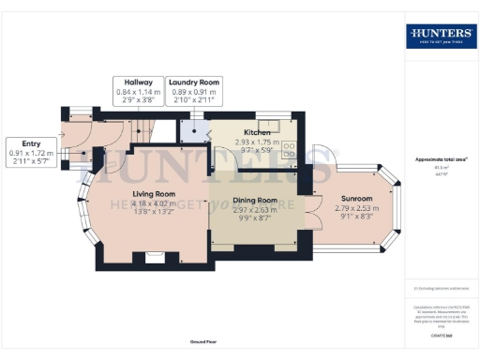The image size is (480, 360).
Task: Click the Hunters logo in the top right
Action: click(440, 36)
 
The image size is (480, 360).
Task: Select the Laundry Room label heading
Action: click(194, 82)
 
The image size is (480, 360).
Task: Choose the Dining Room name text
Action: click(255, 200)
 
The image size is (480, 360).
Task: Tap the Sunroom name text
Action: click(357, 199)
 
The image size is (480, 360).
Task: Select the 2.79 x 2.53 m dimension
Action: click(357, 208)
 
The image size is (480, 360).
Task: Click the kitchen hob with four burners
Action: click(289, 147)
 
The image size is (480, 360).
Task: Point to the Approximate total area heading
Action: click(440, 159)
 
